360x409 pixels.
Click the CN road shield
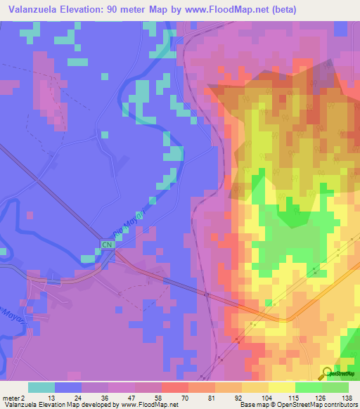tap(107, 245)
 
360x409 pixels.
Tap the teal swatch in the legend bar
tap(41, 387)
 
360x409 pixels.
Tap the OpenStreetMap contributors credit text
tap(310, 405)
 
